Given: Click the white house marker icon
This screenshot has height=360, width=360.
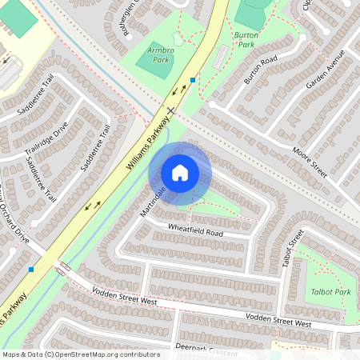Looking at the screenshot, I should tap(180, 172).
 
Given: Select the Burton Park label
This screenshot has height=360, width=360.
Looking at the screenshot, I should tap(250, 36).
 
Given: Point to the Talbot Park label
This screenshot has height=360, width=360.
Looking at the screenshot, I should tap(330, 292).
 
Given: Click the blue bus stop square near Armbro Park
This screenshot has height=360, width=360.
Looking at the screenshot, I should tap(193, 80).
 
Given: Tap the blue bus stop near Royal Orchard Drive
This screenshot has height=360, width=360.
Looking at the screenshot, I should tap(31, 269).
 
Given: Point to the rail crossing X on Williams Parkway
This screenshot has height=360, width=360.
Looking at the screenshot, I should tap(170, 109).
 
